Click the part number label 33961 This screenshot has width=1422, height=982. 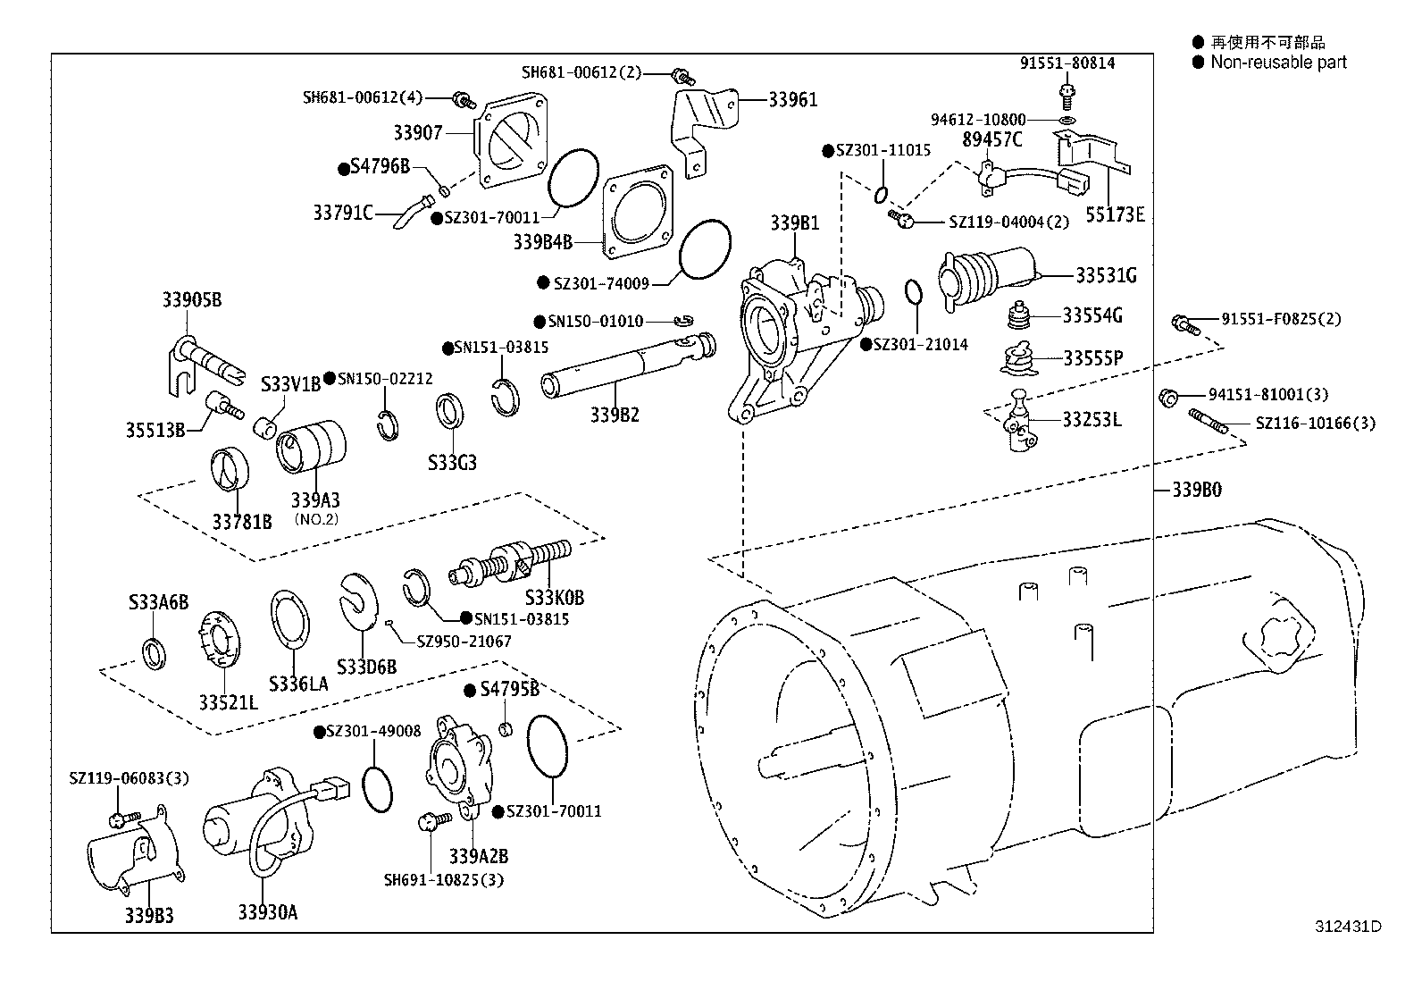(792, 100)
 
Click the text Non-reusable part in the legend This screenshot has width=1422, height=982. (1278, 63)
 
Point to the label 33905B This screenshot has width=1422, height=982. (191, 300)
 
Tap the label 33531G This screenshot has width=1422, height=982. (1106, 275)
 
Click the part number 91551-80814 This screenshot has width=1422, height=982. (1067, 63)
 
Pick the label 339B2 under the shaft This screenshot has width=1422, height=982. (614, 415)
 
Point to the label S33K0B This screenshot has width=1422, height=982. (554, 598)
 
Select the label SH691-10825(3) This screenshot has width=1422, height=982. (444, 880)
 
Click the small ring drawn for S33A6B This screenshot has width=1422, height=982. (155, 652)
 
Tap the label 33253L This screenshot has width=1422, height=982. (1091, 419)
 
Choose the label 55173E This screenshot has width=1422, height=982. (1115, 214)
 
